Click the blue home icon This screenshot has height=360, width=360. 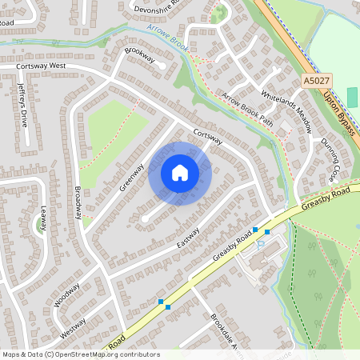[180, 173]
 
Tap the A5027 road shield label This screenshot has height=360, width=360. [316, 81]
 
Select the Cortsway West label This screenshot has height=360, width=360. [42, 66]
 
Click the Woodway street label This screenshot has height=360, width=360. [67, 294]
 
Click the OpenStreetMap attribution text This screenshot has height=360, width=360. [80, 354]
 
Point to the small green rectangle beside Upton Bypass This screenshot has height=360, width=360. [353, 97]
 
